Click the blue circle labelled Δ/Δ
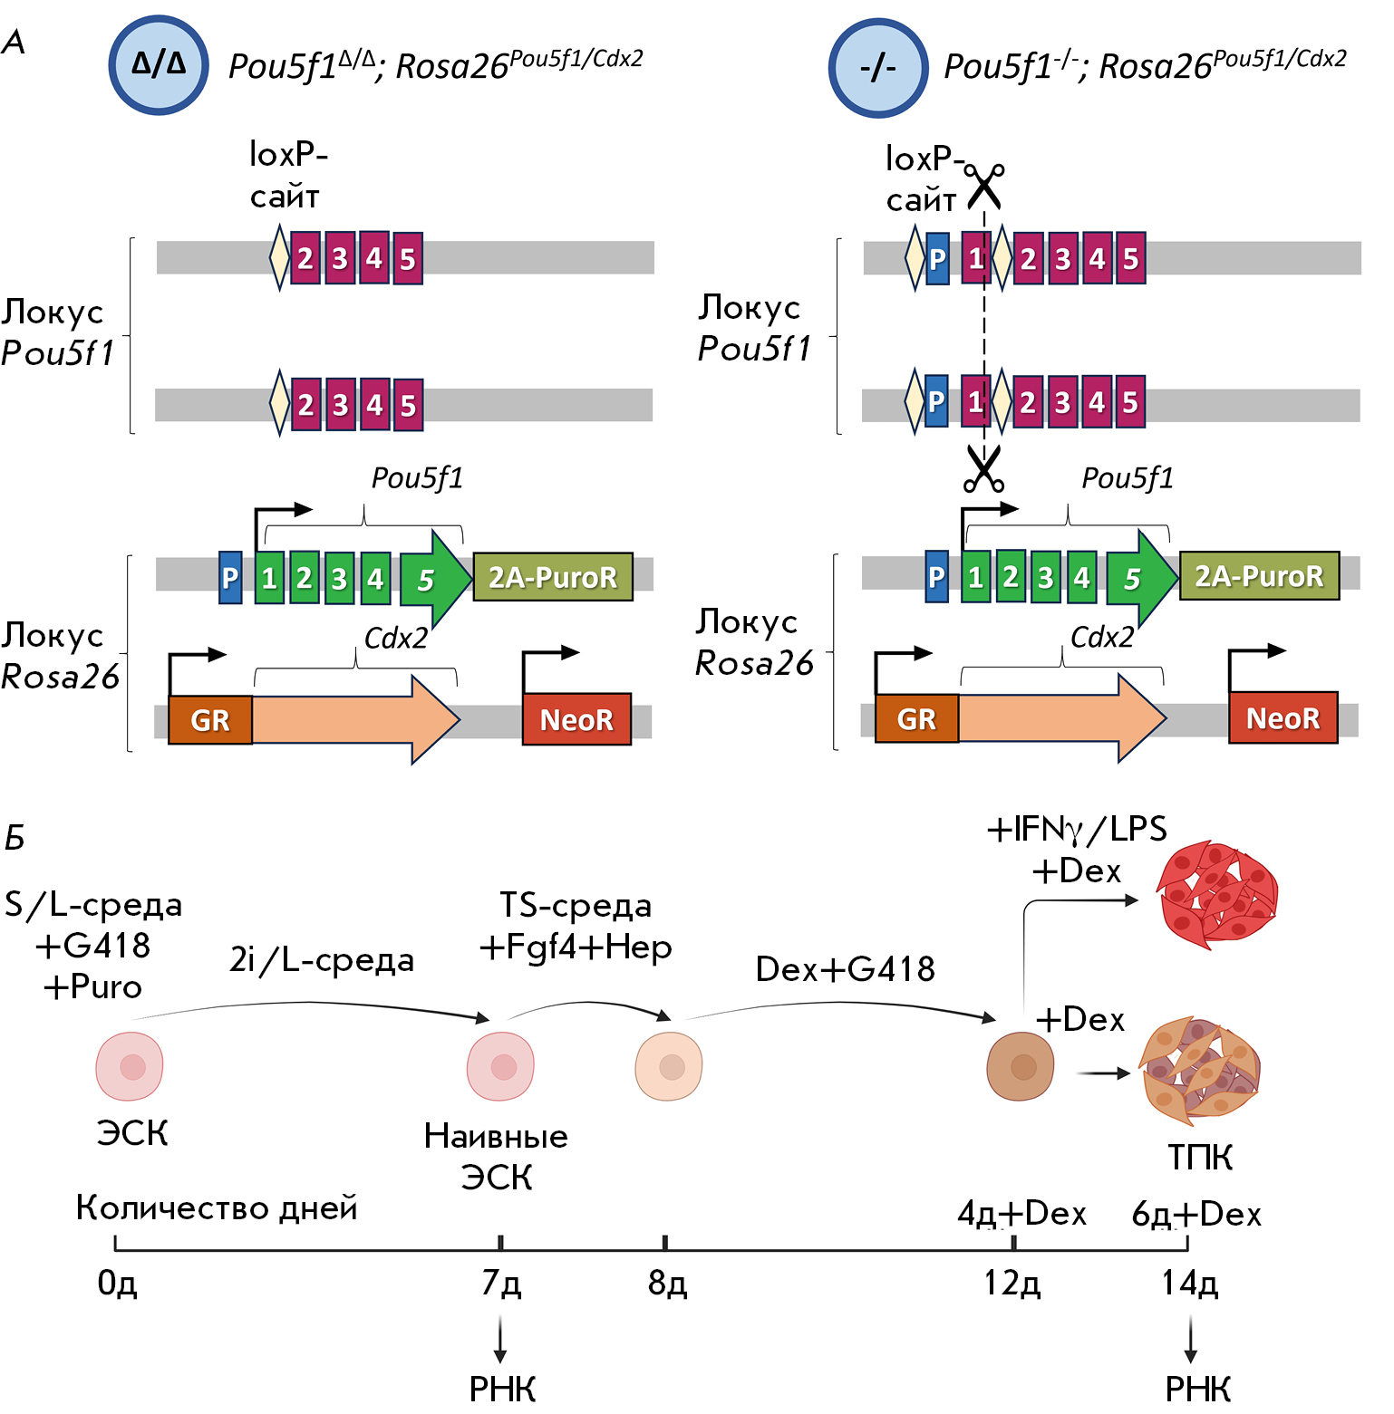pos(159,64)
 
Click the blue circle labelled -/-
pos(877,68)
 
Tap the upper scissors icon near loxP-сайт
pos(984,186)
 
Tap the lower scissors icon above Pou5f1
pos(983,469)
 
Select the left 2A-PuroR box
pos(553,577)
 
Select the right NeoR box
pos(1283,718)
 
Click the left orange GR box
pos(210,720)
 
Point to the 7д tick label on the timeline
pos(501,1283)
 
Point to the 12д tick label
pos(1012,1283)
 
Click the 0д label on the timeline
pos(117,1283)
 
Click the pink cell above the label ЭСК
pos(130,1066)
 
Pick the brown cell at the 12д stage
pos(1021,1066)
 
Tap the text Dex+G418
pos(845,969)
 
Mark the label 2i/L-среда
pos(322,959)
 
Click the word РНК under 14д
pos(1197,1389)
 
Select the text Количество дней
pos(217,1207)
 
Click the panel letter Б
pos(15,838)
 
